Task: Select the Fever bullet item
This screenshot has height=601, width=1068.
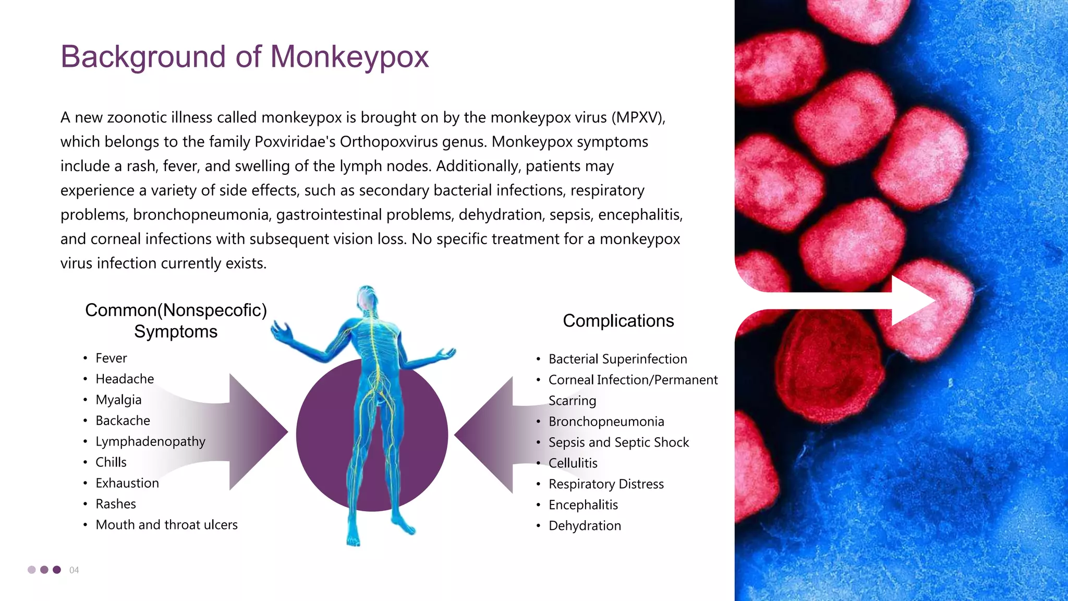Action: [111, 358]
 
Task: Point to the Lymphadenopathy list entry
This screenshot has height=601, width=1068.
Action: [150, 442]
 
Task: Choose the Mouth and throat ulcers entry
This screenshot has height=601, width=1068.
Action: [166, 525]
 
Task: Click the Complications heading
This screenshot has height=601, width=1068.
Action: [618, 321]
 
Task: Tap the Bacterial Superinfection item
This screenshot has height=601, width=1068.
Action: [617, 359]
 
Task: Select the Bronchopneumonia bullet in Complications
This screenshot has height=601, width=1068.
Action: [606, 422]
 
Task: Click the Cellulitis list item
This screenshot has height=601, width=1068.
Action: [573, 463]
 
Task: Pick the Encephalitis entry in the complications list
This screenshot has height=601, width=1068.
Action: [583, 505]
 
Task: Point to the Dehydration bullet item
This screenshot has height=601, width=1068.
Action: [585, 526]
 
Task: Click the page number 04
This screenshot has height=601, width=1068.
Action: [74, 570]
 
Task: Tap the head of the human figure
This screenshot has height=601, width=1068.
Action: [367, 297]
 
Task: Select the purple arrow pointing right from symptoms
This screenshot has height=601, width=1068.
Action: [250, 432]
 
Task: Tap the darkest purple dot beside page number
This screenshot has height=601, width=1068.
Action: [57, 570]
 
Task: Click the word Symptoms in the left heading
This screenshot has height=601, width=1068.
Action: [176, 332]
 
